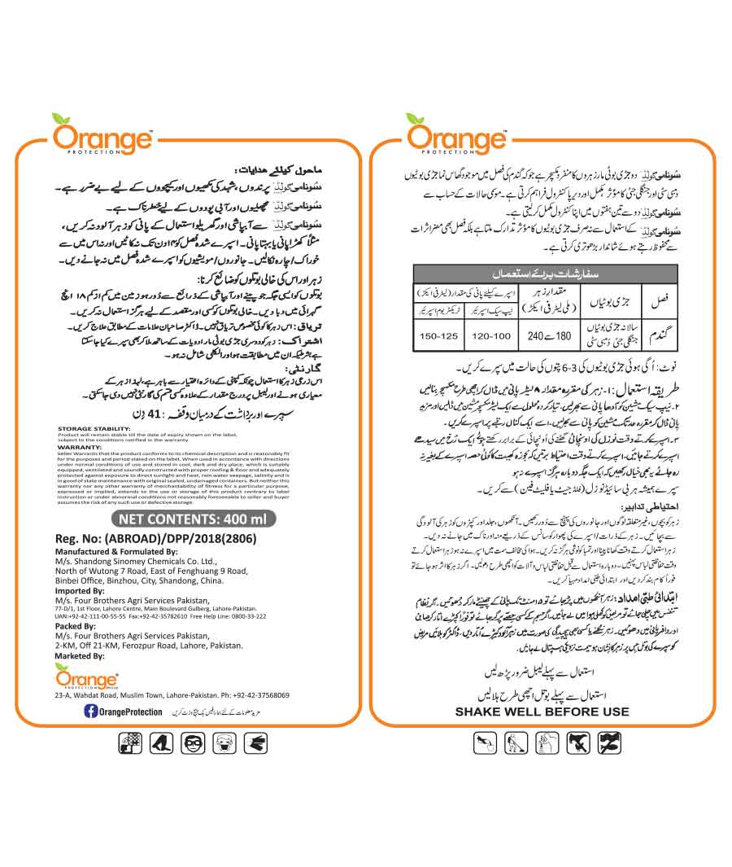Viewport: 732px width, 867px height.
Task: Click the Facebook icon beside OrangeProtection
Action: (92, 712)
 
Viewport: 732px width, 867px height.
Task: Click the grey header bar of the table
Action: (546, 274)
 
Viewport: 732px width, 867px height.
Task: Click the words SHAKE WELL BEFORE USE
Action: (542, 712)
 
